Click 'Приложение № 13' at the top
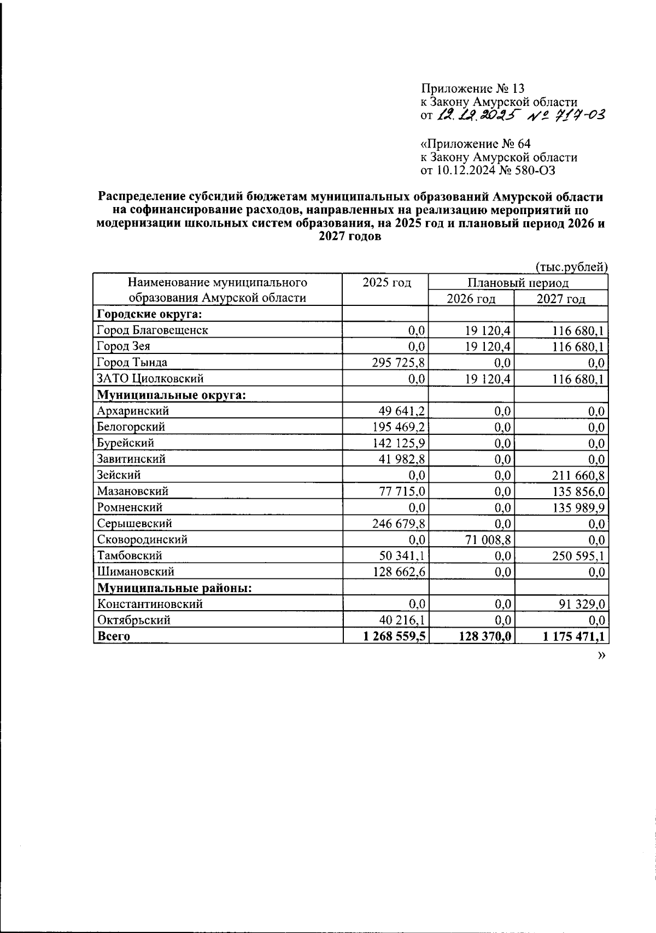(x=472, y=88)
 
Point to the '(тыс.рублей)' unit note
(x=571, y=267)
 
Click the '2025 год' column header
(x=386, y=282)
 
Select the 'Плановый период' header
(x=517, y=282)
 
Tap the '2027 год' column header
(x=561, y=299)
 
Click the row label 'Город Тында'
(x=132, y=362)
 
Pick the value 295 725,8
(x=399, y=363)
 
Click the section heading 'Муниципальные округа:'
(x=171, y=394)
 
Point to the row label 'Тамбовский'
(x=130, y=556)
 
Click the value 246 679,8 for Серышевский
(x=399, y=523)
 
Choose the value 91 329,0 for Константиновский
(x=579, y=604)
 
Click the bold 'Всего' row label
(x=114, y=636)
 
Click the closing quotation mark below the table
(x=602, y=655)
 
